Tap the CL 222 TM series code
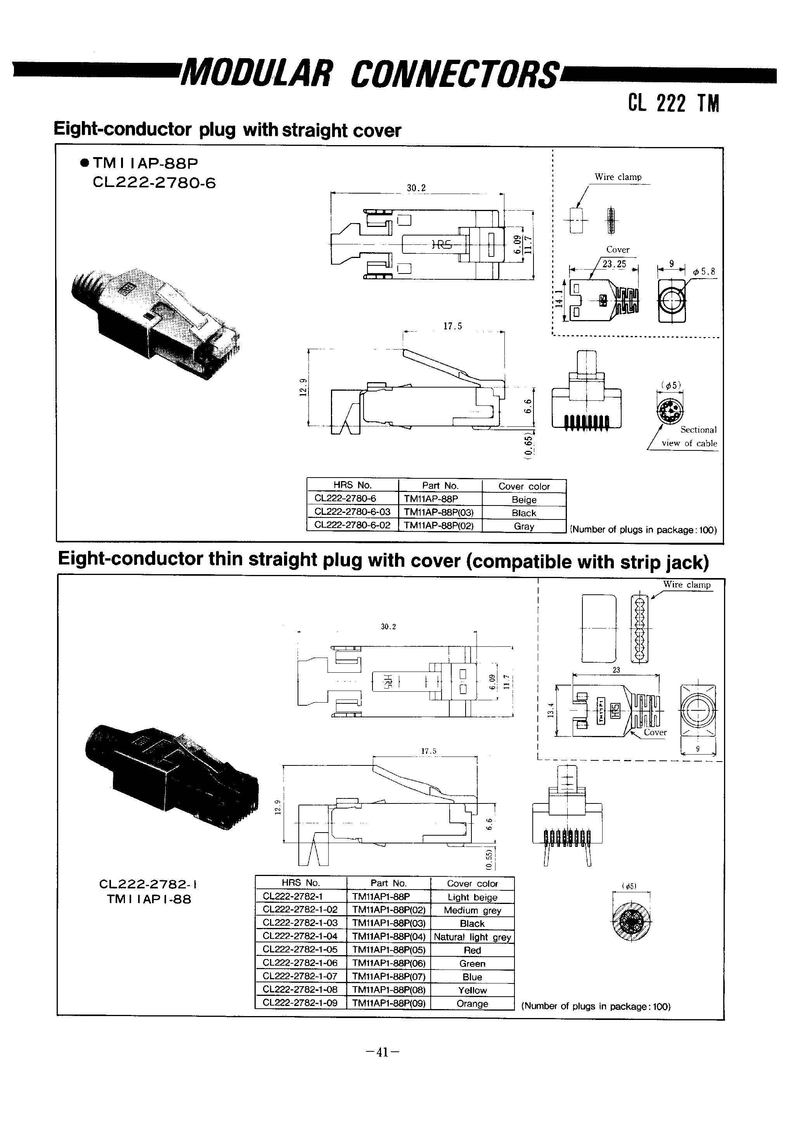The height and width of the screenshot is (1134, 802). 674,103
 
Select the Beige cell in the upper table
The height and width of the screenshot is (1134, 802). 523,499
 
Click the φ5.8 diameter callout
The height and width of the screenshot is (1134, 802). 704,272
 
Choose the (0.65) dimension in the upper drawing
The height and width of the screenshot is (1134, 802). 528,447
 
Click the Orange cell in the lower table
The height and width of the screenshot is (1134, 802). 472,1003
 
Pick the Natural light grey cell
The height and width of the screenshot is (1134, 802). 472,937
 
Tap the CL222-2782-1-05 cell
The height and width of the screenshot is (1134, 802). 300,950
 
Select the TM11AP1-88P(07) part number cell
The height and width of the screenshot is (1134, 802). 389,976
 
